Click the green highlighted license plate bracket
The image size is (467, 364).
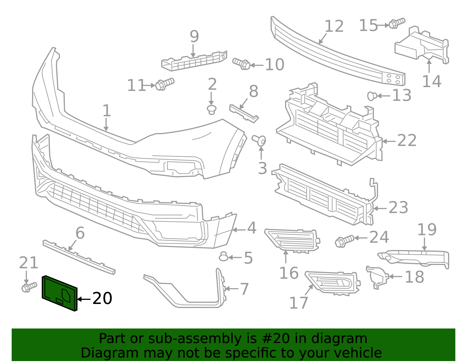click(x=59, y=293)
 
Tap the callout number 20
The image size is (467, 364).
click(x=102, y=299)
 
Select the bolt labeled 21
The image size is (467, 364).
click(x=29, y=287)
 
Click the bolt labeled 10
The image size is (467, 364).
click(x=241, y=64)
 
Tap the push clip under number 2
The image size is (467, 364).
click(x=212, y=110)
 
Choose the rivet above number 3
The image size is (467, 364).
click(x=259, y=140)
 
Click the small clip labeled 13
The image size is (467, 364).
click(x=372, y=96)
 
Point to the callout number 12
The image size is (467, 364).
click(x=334, y=27)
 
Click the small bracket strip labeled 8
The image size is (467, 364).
click(x=244, y=114)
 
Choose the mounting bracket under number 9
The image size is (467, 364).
click(x=194, y=61)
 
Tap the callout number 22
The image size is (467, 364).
click(x=407, y=141)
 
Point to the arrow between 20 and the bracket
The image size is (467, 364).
click(x=84, y=299)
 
